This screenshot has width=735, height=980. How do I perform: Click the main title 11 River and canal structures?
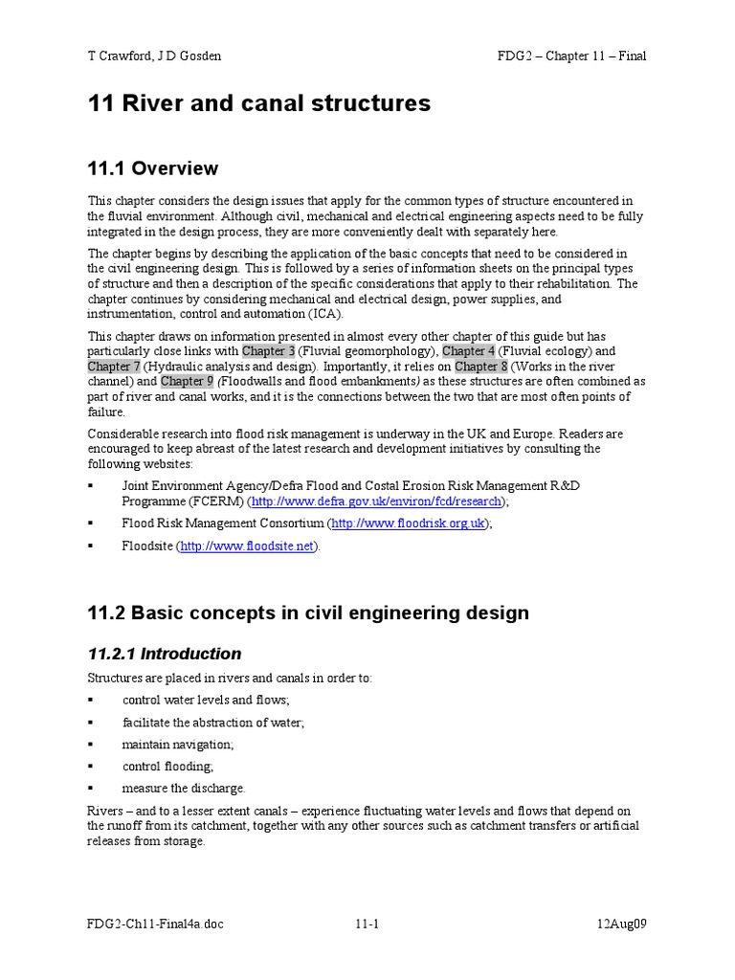coord(258,103)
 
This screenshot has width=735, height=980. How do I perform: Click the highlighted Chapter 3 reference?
coord(269,351)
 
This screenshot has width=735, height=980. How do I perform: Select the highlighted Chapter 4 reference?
coord(469,351)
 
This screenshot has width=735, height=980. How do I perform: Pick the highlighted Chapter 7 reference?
coord(115,367)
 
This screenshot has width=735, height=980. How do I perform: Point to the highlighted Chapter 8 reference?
coord(481,367)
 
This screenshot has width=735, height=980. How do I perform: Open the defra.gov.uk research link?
coord(377,501)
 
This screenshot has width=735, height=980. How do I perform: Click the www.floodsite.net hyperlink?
coord(247,546)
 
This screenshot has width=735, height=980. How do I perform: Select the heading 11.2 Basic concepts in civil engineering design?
coord(308,612)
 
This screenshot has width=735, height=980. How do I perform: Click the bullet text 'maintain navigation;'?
coord(178,744)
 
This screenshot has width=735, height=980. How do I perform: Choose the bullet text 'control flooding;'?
coord(167,766)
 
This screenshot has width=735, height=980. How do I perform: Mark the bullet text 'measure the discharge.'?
coord(184,788)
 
